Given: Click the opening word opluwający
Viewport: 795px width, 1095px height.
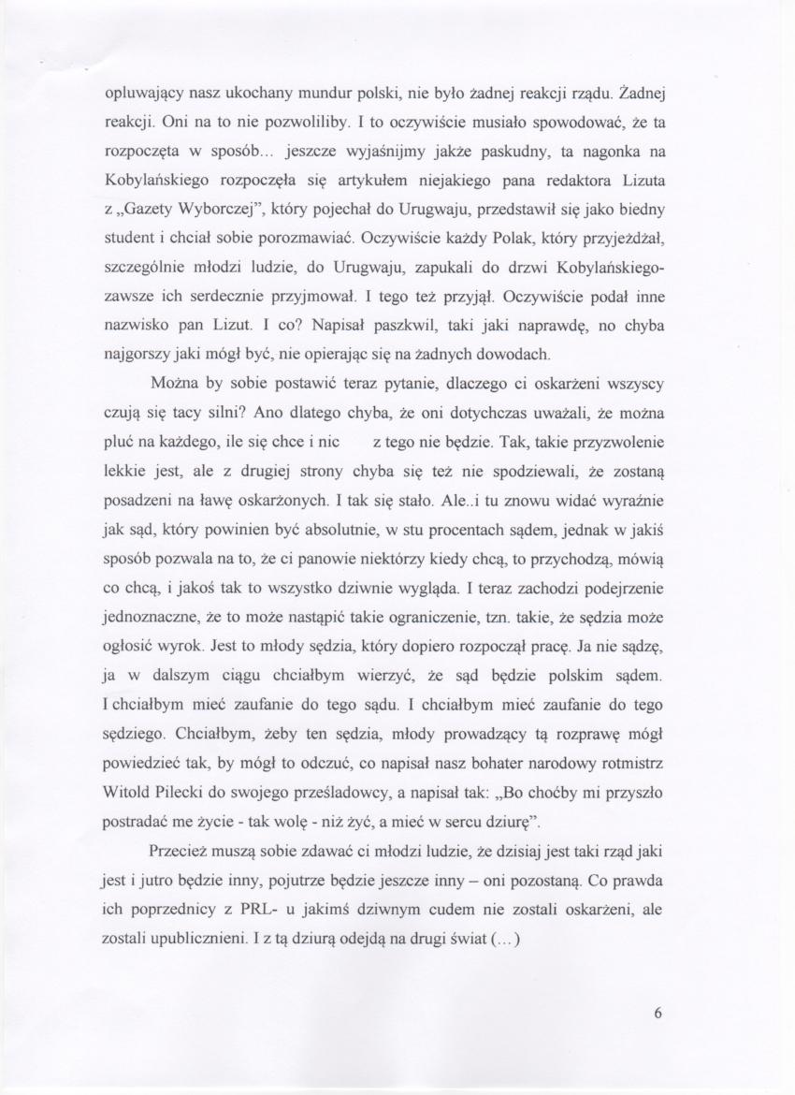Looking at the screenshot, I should (x=142, y=94).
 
